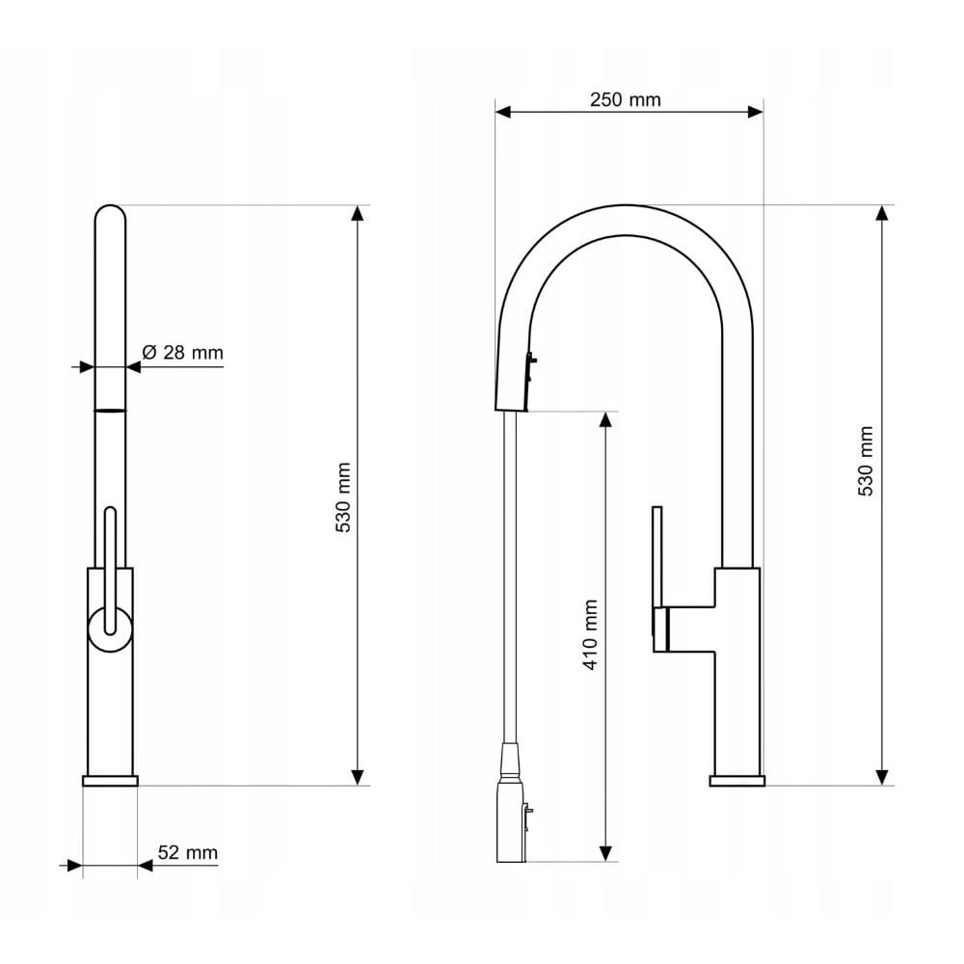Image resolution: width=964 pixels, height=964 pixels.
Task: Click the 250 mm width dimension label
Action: point(625,99)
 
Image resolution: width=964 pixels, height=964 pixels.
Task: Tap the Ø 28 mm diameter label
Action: point(182,352)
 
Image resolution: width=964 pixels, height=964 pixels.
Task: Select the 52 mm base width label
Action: point(188,853)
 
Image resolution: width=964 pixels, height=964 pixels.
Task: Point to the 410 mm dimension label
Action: point(590,634)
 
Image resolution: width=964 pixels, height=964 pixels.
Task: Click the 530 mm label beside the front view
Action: point(344,497)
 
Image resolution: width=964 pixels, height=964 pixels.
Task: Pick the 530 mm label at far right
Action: point(865,461)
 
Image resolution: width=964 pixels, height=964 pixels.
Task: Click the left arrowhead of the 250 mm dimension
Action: point(503,112)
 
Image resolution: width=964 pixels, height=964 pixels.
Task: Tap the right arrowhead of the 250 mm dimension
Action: point(756,112)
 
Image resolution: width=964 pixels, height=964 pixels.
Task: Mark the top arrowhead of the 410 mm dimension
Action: point(605,419)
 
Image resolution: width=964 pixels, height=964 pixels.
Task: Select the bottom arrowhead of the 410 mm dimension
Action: point(605,853)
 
